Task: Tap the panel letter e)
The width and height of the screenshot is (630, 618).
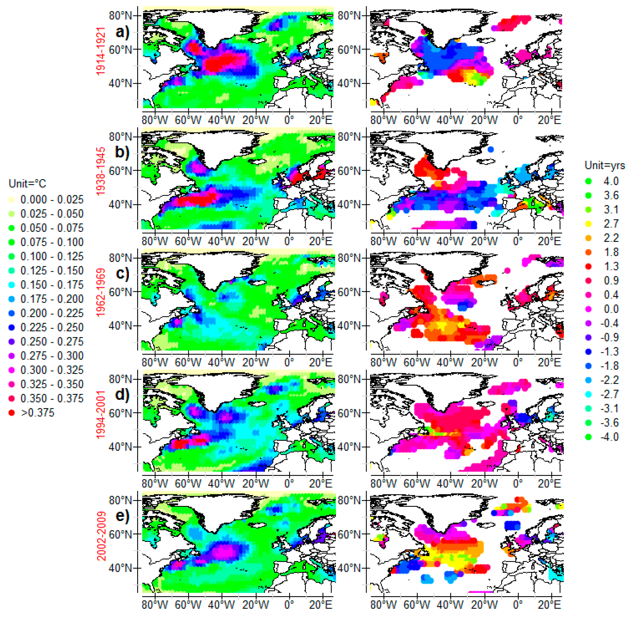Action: coord(122,516)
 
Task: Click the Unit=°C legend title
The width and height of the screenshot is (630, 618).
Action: coord(27,184)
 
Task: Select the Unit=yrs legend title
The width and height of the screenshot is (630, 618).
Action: coord(604,165)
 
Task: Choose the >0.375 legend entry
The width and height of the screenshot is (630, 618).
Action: coord(37,413)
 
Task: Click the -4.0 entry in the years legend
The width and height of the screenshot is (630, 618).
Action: coord(609,437)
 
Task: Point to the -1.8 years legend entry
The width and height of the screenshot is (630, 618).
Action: coord(609,365)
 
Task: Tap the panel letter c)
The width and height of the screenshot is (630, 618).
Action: coord(122,273)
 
